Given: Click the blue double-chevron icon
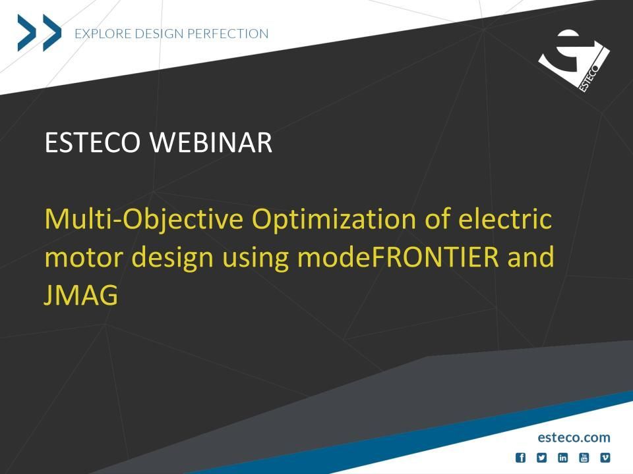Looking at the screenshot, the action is click(x=39, y=33).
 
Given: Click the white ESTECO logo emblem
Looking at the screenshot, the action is click(x=574, y=61).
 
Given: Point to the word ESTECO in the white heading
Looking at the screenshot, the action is click(x=92, y=142).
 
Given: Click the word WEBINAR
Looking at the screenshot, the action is click(x=211, y=142).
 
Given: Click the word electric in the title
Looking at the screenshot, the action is click(x=505, y=219).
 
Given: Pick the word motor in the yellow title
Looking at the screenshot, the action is click(x=84, y=257).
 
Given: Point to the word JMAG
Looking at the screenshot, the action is click(x=80, y=295).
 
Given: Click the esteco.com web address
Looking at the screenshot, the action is click(x=574, y=437).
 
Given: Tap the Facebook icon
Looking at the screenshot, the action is click(x=521, y=458).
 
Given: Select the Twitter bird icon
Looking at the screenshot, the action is click(x=542, y=458).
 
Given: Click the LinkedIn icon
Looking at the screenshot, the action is click(x=562, y=458).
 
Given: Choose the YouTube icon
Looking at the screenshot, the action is click(x=584, y=458).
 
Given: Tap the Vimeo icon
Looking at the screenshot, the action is click(x=605, y=458).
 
